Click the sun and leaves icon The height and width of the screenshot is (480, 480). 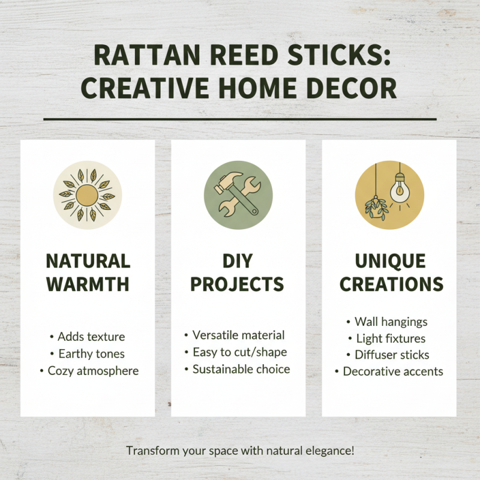point(88,194)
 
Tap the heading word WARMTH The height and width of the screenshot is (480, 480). point(88,284)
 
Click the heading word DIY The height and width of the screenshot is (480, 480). point(238,261)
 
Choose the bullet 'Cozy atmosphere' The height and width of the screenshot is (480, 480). point(93,371)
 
